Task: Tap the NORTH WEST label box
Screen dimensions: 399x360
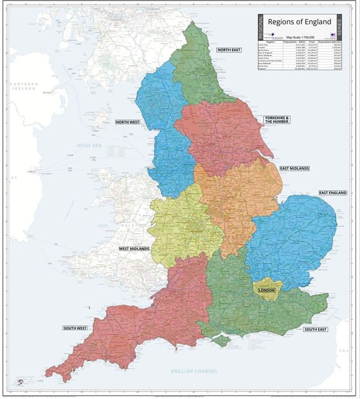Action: coord(127,122)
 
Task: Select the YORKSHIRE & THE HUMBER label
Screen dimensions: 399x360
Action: coord(277,120)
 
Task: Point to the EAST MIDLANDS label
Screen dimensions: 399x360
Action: coord(294,168)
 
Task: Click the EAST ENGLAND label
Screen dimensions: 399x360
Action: coord(333,193)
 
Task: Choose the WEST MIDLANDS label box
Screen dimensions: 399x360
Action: coord(134,249)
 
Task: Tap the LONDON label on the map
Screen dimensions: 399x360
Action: coord(266,290)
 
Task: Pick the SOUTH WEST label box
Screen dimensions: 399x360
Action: coord(75,328)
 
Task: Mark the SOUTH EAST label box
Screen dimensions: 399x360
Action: coord(315,330)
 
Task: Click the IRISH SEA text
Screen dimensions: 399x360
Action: coord(90,145)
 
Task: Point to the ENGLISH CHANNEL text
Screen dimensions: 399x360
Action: coord(194,371)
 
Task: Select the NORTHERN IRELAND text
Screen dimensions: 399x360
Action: coord(23,86)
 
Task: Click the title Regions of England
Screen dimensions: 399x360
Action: coord(299,22)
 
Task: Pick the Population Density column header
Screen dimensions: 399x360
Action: coord(327,41)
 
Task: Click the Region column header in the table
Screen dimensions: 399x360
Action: coord(270,41)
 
